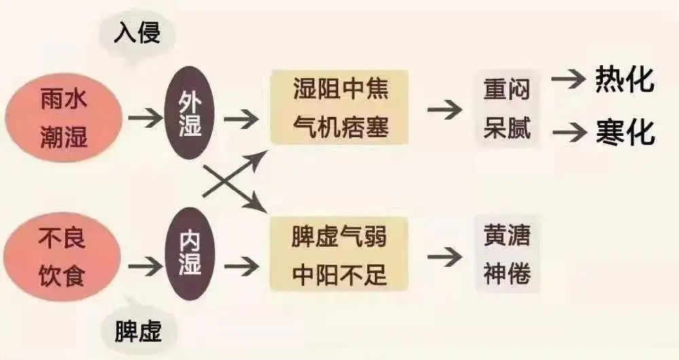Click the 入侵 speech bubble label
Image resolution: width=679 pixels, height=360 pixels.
coord(137,34)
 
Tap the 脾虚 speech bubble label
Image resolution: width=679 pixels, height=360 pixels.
coord(139,331)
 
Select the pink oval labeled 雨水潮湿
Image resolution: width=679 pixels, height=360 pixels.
coord(64,118)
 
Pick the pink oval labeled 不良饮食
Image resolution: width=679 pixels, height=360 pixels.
coord(62,257)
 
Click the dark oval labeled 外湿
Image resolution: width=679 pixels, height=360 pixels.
coord(190,113)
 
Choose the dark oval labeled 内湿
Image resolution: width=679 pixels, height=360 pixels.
coord(190,254)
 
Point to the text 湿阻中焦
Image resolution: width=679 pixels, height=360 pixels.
coord(341,89)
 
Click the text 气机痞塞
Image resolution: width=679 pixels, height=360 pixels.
coord(341,126)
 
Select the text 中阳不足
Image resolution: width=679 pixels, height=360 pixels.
coord(339,274)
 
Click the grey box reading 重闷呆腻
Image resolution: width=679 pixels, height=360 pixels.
coord(507,108)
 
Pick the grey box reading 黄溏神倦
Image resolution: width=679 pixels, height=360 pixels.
coord(507,254)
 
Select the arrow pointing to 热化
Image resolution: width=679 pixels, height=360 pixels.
coord(568,79)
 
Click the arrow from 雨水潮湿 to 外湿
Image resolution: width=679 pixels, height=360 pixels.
coord(145,118)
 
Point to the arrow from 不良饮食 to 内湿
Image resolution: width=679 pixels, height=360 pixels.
coord(145,266)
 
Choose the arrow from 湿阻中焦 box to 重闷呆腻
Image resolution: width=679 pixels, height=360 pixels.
coord(445,109)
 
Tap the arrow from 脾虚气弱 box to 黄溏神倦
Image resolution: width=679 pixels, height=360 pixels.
coord(445,257)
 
